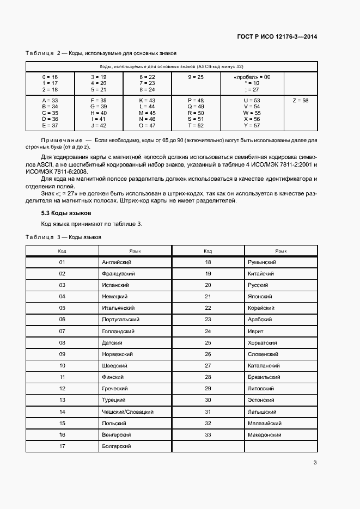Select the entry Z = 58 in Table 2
click(300, 101)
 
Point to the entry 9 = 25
click(196, 77)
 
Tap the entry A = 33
click(50, 101)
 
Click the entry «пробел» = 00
click(252, 77)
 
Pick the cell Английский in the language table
click(117, 262)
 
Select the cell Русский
click(258, 285)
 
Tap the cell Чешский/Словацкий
click(127, 412)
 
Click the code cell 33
click(208, 435)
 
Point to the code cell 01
click(62, 262)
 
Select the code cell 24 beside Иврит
click(208, 332)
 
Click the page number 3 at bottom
click(315, 463)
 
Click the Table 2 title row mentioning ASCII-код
click(171, 66)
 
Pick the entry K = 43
click(147, 101)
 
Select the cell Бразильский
click(264, 377)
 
